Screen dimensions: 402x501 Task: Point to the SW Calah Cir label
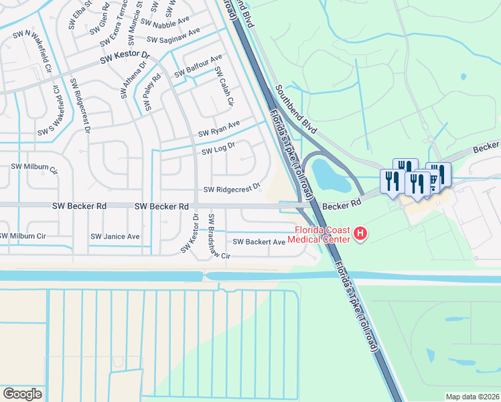tap(226, 91)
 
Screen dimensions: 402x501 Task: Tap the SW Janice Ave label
tap(115, 237)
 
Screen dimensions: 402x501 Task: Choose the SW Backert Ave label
tap(259, 241)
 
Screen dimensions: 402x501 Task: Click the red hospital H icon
tap(361, 233)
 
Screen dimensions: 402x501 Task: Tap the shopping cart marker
tap(434, 178)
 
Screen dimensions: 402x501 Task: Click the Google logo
tap(23, 393)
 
